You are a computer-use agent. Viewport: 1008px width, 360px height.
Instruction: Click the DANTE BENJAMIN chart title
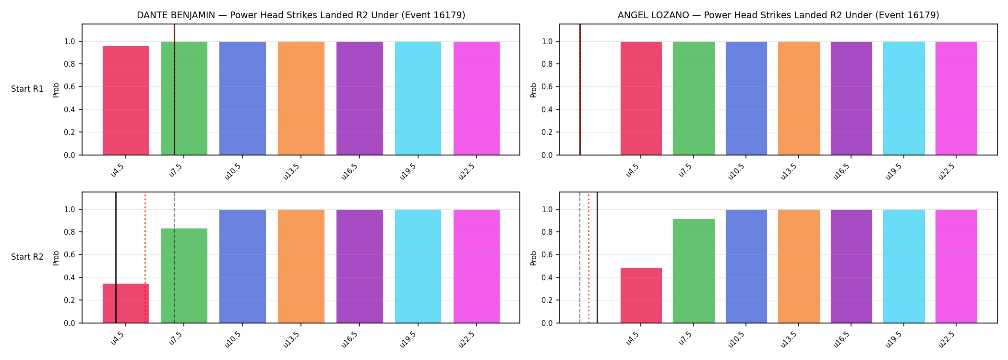(301, 15)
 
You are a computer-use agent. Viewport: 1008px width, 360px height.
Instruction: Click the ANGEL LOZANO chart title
(779, 15)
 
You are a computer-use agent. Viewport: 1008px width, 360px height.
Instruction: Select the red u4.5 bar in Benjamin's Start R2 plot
(126, 303)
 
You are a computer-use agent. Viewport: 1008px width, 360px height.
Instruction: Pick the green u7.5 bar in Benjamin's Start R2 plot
(184, 276)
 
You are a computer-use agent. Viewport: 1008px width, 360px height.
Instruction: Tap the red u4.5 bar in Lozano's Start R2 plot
(641, 295)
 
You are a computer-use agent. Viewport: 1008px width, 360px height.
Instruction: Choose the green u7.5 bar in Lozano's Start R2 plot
(694, 271)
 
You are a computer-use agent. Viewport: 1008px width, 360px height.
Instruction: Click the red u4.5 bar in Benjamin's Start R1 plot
(126, 100)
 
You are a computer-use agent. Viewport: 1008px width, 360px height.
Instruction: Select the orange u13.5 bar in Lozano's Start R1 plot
(799, 98)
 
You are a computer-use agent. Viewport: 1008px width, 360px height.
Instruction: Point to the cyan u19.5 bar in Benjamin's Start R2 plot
(418, 266)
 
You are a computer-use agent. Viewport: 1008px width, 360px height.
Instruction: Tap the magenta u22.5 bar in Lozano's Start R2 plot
(956, 266)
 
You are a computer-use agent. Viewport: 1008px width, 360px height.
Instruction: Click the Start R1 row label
(27, 89)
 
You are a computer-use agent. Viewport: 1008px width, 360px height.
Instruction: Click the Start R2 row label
(27, 257)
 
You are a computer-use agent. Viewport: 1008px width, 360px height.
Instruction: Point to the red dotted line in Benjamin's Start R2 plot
(145, 258)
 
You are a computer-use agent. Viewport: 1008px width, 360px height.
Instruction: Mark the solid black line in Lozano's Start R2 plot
(597, 258)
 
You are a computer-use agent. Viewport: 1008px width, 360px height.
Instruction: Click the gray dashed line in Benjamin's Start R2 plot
(174, 258)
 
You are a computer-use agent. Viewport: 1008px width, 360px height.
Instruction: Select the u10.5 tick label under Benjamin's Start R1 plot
(234, 171)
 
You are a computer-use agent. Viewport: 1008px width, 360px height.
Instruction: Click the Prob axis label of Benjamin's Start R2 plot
(56, 258)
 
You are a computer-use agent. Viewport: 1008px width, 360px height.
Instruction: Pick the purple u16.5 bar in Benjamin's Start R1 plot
(360, 98)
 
